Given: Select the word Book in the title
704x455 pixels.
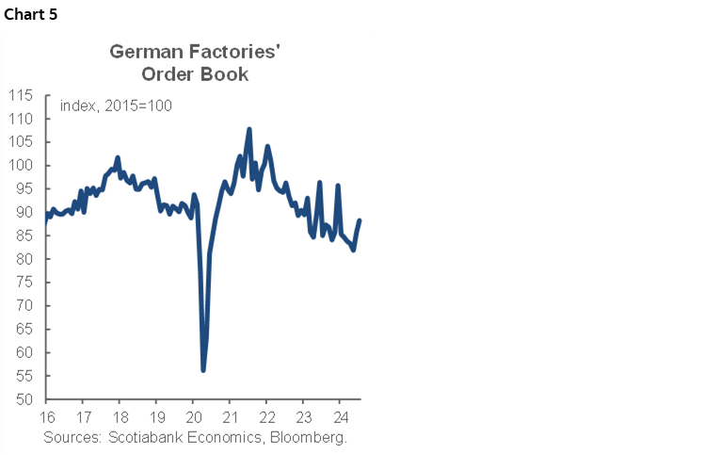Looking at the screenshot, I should click(227, 74).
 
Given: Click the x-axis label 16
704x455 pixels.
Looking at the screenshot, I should click(46, 417).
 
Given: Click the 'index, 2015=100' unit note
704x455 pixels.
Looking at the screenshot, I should click(115, 106).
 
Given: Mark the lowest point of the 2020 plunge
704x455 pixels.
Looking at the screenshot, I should click(203, 370).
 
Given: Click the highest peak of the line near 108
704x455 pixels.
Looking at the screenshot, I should click(249, 129).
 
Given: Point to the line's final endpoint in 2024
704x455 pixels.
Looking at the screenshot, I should click(360, 220).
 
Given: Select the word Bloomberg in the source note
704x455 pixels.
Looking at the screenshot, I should click(309, 438).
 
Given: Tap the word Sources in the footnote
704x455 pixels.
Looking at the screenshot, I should click(72, 438).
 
